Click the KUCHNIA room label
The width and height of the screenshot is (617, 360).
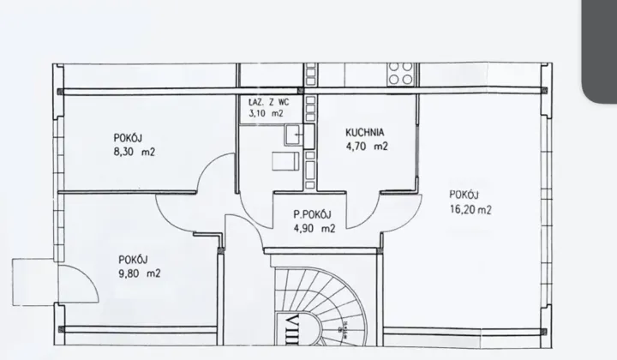click(365, 132)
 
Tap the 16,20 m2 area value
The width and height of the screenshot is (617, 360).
click(470, 209)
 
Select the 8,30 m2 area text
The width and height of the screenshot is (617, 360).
click(135, 152)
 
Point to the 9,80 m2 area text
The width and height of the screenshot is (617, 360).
click(140, 273)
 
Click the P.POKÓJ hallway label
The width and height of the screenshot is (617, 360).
click(313, 214)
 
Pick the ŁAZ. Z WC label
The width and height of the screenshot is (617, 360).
click(269, 102)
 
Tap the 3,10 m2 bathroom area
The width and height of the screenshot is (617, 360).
click(266, 114)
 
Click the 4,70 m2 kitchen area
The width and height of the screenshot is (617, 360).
click(367, 147)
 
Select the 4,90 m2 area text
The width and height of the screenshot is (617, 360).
click(314, 228)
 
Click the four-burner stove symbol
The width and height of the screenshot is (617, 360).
click(400, 74)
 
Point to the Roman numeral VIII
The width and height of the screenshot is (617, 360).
click(294, 330)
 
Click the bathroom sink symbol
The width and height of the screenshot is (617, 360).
click(293, 135)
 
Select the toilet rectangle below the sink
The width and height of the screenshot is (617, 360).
click(285, 162)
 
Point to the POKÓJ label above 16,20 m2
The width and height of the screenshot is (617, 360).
click(464, 195)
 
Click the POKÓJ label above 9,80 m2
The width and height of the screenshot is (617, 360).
click(133, 260)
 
